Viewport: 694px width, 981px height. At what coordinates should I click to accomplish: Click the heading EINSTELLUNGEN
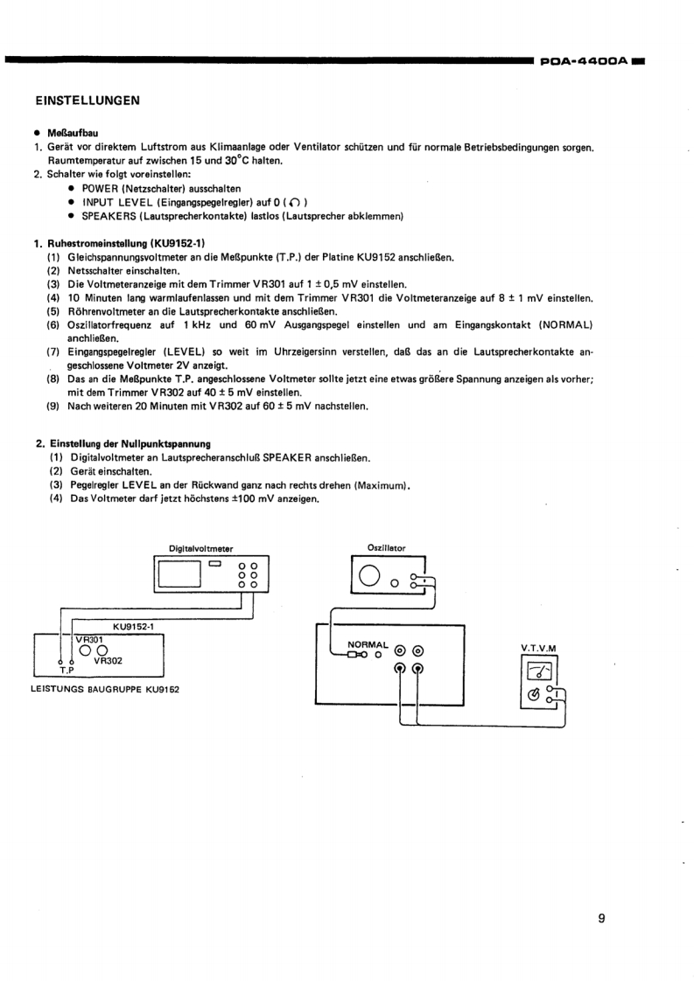pos(88,100)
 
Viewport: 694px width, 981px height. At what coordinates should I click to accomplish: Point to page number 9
pos(601,918)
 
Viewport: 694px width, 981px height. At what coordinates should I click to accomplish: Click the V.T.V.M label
pos(538,648)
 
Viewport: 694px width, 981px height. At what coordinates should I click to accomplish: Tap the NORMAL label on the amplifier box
pos(368,643)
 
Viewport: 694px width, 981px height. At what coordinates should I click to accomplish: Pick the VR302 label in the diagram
pos(109,661)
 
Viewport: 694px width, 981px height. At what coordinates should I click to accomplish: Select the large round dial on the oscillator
pos(368,574)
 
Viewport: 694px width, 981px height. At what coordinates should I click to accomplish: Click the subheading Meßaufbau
pos(70,131)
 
